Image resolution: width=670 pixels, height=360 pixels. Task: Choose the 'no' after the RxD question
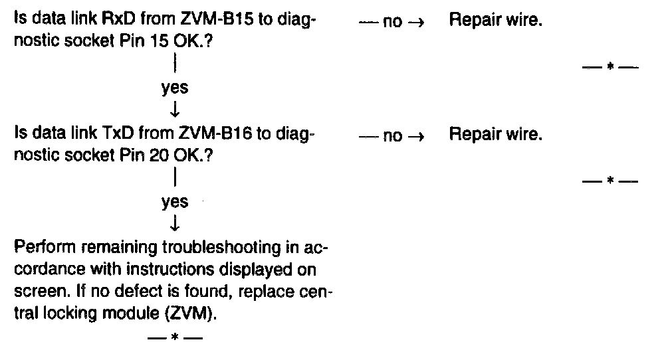[x=393, y=22]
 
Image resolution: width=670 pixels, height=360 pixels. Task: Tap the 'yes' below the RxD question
[x=175, y=88]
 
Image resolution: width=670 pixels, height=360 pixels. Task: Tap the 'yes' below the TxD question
[x=175, y=203]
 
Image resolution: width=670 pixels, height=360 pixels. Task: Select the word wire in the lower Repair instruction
[x=526, y=135]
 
